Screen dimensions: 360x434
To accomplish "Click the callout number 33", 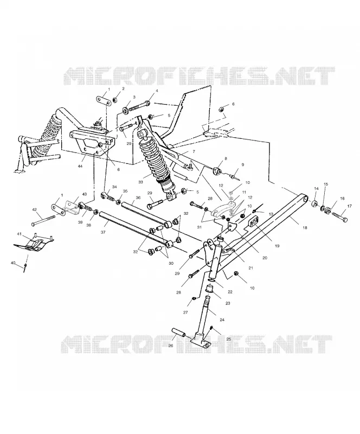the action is click(x=141, y=182).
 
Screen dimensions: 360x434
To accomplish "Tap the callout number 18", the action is click(x=305, y=228).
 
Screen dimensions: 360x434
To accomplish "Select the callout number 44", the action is click(x=81, y=166).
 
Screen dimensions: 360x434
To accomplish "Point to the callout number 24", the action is click(x=222, y=320).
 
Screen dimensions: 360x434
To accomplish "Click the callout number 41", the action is click(x=20, y=234).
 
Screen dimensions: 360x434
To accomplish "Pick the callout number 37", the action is click(x=103, y=233).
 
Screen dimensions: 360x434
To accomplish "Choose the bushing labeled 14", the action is click(x=315, y=204).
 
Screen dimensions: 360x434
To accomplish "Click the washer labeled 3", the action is click(x=126, y=111).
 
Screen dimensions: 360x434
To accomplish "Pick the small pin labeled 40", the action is click(x=25, y=267).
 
